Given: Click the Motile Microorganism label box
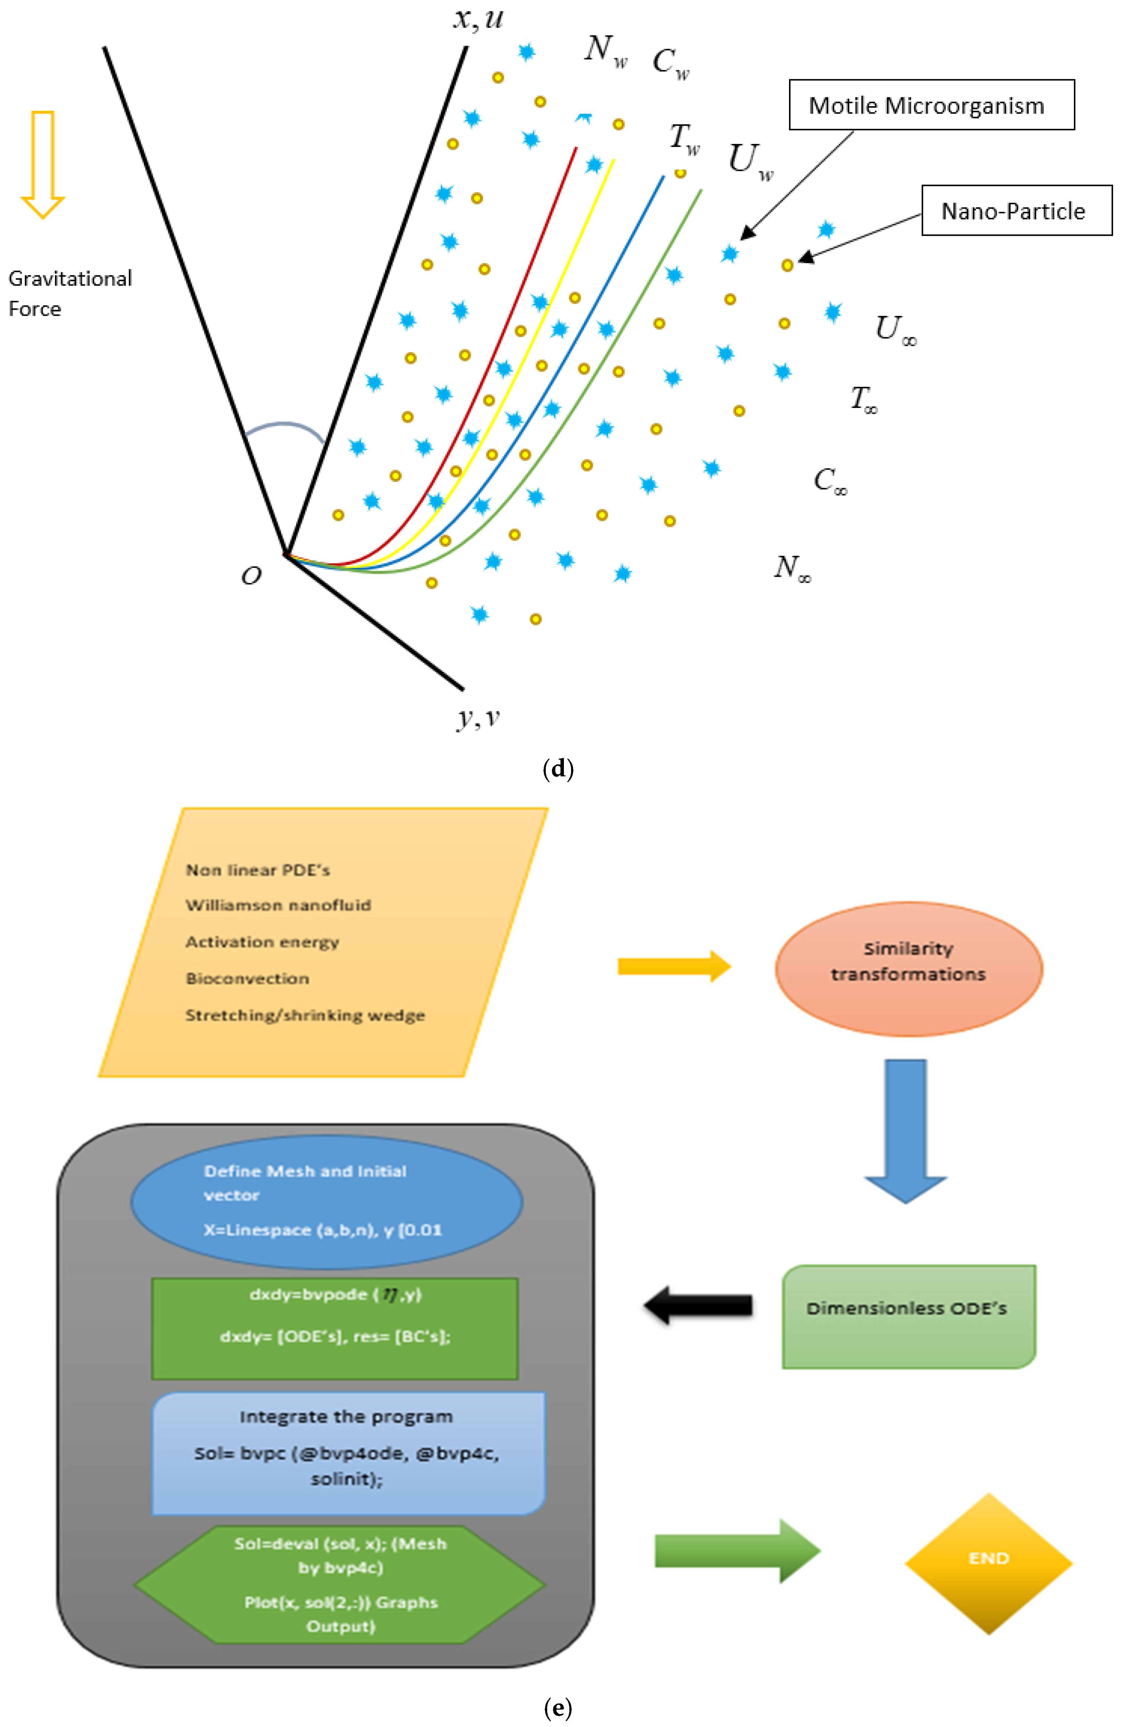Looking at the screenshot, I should tap(931, 105).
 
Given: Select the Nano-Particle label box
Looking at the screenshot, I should tap(1016, 210).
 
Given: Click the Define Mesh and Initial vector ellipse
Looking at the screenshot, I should tap(326, 1201).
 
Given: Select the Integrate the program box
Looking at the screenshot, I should tap(348, 1453).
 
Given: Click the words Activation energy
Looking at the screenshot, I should tap(262, 942).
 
